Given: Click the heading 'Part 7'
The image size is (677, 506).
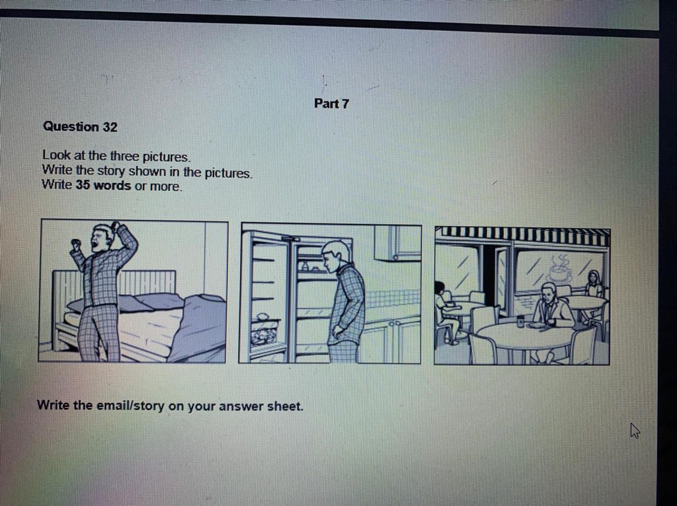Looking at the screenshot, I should [x=331, y=104].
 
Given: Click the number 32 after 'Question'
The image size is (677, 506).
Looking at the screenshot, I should [x=110, y=127].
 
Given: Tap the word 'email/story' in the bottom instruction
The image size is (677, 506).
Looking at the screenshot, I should [x=131, y=405].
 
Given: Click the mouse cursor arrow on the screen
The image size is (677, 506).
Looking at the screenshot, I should [x=635, y=431].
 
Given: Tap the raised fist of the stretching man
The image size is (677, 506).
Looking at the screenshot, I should [x=75, y=244].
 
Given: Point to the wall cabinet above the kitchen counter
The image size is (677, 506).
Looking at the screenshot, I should [x=397, y=243].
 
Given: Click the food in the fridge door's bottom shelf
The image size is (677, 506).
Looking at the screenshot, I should [x=263, y=334].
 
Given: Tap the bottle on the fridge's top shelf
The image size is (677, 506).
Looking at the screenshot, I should [x=304, y=266].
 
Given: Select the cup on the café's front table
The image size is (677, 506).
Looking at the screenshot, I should [x=520, y=322].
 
